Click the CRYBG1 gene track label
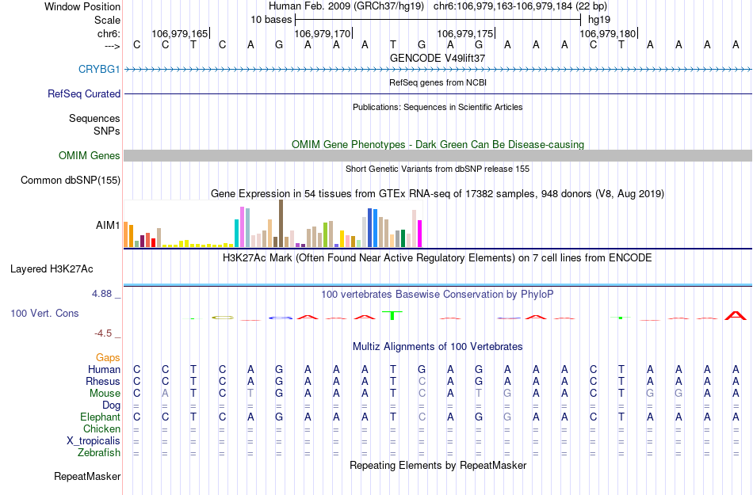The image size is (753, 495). point(99,70)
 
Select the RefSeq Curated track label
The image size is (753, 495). point(84,93)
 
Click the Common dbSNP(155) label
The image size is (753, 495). point(71,181)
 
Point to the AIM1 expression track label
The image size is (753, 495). point(109,226)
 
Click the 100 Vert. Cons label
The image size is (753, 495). point(44,314)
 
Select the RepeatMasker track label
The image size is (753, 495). point(87,477)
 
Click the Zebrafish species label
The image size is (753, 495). point(100,453)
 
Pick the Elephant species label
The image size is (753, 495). point(100,417)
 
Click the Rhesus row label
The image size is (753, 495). point(103,382)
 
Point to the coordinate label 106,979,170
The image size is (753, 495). point(322,34)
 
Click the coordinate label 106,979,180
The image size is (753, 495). point(607,34)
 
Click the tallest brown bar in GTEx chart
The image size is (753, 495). point(281,223)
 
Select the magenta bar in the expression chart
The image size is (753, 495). point(419,233)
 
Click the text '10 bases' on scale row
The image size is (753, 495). point(271,19)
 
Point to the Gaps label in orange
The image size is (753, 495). point(109,358)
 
